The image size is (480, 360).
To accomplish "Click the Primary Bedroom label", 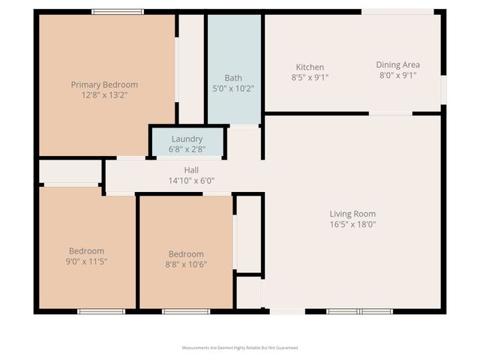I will pyautogui.click(x=104, y=85).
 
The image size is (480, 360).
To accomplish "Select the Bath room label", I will pyautogui.click(x=233, y=78).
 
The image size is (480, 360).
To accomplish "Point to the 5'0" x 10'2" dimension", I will pyautogui.click(x=233, y=88).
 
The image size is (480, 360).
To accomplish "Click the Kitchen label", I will pyautogui.click(x=310, y=67).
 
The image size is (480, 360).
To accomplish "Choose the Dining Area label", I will pyautogui.click(x=397, y=64).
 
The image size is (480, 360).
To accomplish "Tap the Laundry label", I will pyautogui.click(x=187, y=139).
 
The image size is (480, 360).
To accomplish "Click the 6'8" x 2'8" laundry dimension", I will pyautogui.click(x=187, y=148).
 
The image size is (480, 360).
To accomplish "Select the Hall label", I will pyautogui.click(x=191, y=170).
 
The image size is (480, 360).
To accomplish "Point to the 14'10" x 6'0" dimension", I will pyautogui.click(x=191, y=180).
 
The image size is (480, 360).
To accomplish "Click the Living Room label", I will pyautogui.click(x=352, y=214).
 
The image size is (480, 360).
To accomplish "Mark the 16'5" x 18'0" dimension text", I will pyautogui.click(x=352, y=223).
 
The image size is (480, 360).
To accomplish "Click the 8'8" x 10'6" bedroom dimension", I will pyautogui.click(x=186, y=263).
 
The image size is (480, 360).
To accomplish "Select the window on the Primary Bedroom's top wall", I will pyautogui.click(x=118, y=11).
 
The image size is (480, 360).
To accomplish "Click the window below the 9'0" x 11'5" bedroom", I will pyautogui.click(x=101, y=311).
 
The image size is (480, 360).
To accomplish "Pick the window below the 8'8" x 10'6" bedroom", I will pyautogui.click(x=186, y=311).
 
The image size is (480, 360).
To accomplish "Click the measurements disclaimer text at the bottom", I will pyautogui.click(x=240, y=348).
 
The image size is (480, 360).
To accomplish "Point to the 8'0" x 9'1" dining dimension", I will pyautogui.click(x=397, y=75).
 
